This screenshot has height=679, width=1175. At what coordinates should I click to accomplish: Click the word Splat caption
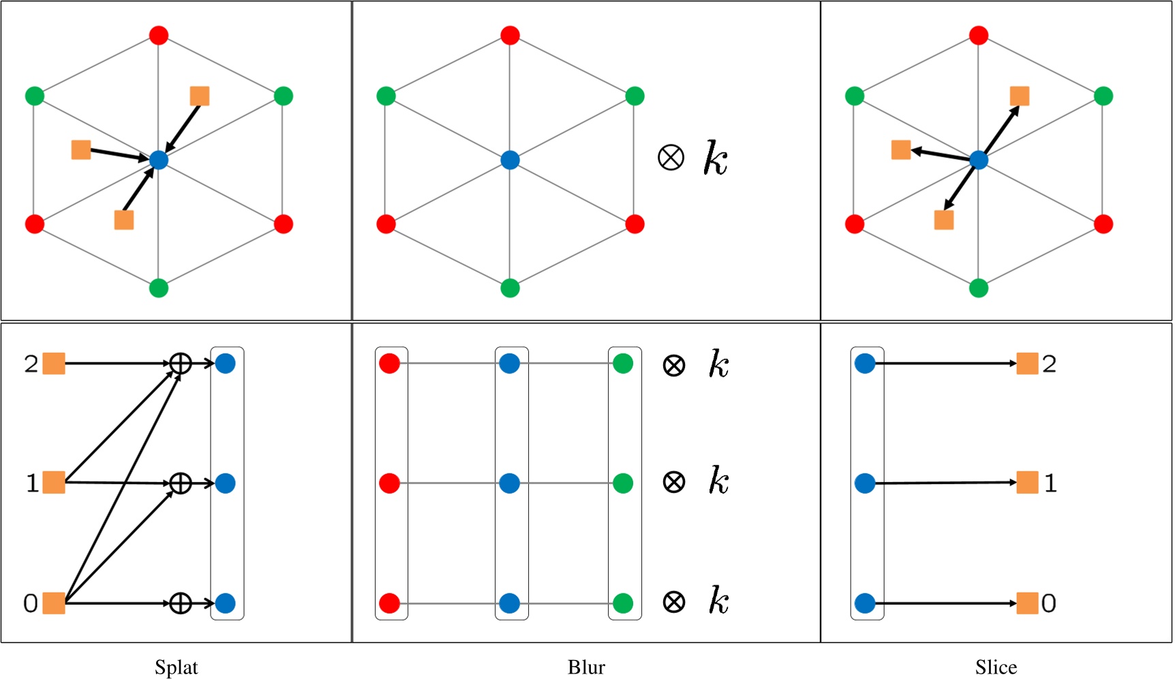click(176, 667)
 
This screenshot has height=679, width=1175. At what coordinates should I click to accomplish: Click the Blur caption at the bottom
click(586, 667)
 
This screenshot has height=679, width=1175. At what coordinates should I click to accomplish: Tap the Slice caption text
click(996, 667)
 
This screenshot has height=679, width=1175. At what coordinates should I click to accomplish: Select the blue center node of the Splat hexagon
click(158, 160)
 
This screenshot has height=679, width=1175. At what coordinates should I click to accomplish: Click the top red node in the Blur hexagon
click(510, 35)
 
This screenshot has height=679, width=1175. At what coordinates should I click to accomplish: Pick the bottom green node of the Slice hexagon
click(979, 288)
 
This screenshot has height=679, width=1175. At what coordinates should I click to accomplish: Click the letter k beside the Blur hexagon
click(716, 159)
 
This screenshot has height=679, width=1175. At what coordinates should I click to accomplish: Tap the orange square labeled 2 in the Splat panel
click(54, 364)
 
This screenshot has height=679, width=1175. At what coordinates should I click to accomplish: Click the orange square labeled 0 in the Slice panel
click(1027, 603)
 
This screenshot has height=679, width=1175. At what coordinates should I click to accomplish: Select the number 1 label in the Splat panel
click(31, 483)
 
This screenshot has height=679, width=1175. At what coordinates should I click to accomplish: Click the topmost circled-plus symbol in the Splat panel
click(180, 364)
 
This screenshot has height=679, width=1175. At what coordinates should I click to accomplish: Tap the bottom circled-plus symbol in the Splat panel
click(180, 603)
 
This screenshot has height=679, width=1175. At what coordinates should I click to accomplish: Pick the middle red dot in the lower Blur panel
click(389, 483)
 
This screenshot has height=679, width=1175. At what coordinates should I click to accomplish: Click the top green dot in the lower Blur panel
click(623, 364)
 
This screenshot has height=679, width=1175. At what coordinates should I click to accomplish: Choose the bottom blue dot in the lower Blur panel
click(510, 603)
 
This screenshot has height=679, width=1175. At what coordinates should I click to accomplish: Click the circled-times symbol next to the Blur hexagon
click(671, 158)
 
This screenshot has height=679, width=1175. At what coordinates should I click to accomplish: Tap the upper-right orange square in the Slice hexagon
click(1020, 96)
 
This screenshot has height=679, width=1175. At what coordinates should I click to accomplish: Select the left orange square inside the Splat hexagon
click(81, 150)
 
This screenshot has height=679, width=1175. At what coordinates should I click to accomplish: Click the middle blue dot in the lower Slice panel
click(865, 483)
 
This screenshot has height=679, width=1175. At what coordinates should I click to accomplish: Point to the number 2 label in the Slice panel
click(1049, 364)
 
